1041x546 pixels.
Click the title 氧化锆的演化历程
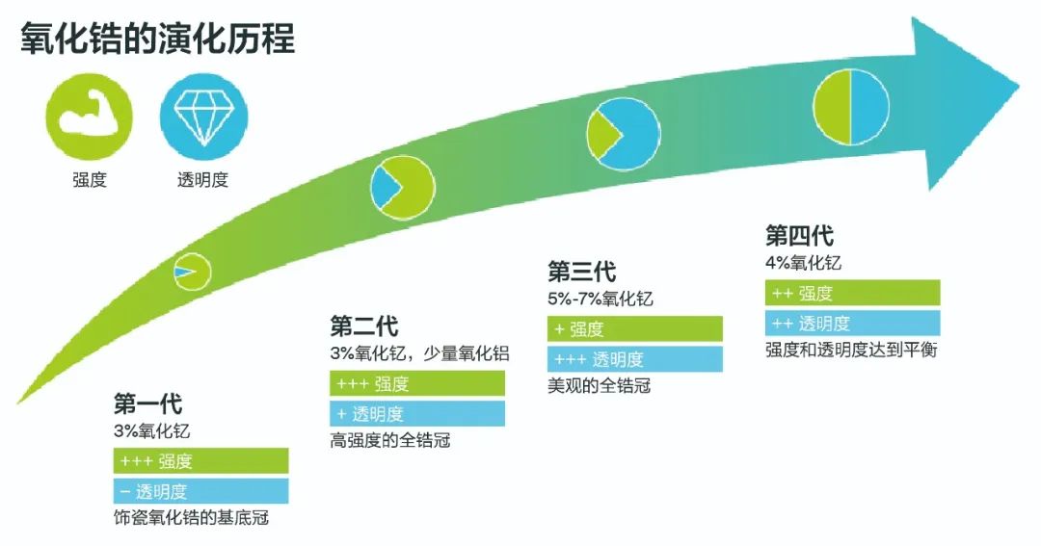pos(157,38)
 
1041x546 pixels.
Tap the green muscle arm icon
pos(89,117)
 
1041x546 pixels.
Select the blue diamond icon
pos(203,117)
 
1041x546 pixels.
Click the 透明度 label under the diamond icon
pos(202,180)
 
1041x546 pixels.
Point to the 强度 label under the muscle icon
pos(90,180)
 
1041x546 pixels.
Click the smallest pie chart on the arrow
pos(193,272)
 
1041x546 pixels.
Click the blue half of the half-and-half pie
pos(869,107)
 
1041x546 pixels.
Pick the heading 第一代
pos(147,403)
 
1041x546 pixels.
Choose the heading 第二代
pos(363,325)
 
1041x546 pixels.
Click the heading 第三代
pos(581,272)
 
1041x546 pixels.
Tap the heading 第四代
pos(799,236)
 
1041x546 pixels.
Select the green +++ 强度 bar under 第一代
pos(201,461)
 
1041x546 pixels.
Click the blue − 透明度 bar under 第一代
pos(201,492)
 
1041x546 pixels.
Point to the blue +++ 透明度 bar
pos(634,359)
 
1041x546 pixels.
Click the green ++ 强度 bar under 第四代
pos(852,294)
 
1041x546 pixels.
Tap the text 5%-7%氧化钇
pos(601,299)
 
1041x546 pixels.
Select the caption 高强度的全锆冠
pos(390,440)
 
